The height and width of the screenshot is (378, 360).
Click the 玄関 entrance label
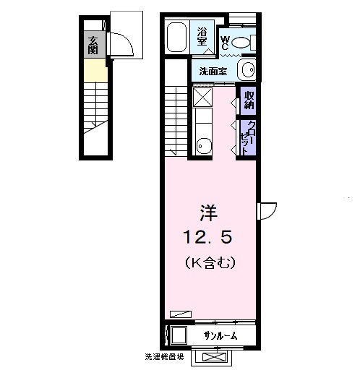pyautogui.click(x=93, y=45)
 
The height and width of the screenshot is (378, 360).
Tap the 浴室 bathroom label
pyautogui.click(x=202, y=36)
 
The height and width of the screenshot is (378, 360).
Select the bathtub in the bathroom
pyautogui.click(x=178, y=36)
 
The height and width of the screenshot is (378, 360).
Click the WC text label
pyautogui.click(x=225, y=43)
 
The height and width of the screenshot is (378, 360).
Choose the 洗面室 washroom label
pyautogui.click(x=213, y=71)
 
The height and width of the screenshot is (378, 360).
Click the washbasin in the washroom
pyautogui.click(x=247, y=70)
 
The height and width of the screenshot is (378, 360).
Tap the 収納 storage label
pyautogui.click(x=248, y=98)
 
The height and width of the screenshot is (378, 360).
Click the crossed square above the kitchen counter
pyautogui.click(x=202, y=97)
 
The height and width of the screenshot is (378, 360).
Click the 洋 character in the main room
pyautogui.click(x=209, y=212)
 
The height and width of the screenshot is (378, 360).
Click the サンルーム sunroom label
pyautogui.click(x=218, y=337)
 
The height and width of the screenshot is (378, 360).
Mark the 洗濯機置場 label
pyautogui.click(x=163, y=356)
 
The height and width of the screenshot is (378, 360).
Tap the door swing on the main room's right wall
pyautogui.click(x=267, y=210)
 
